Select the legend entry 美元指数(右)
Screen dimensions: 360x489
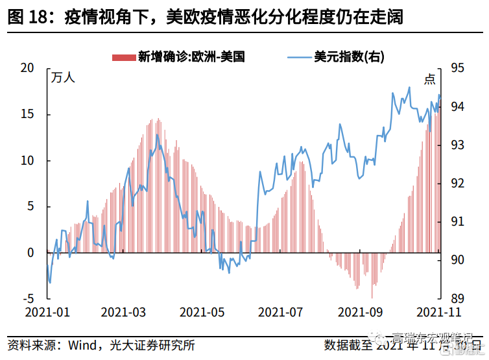pyautogui.click(x=349, y=56)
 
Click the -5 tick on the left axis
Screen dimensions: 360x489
pyautogui.click(x=27, y=299)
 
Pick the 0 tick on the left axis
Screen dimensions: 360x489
pyautogui.click(x=30, y=253)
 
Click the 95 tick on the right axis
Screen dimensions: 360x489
pyautogui.click(x=457, y=68)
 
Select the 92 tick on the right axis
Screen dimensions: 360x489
pyautogui.click(x=457, y=184)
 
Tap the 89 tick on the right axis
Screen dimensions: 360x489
pyautogui.click(x=457, y=299)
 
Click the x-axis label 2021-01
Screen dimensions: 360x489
pyautogui.click(x=47, y=313)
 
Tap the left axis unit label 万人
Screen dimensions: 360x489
pyautogui.click(x=63, y=78)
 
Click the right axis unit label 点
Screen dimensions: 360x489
pyautogui.click(x=430, y=78)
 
